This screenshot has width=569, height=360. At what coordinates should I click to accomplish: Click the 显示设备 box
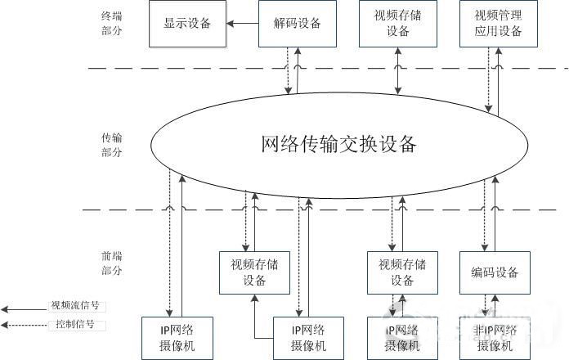tap(187, 24)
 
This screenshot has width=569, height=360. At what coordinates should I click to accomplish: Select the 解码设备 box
tap(297, 24)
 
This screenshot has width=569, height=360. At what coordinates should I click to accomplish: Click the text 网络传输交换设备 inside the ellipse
tap(338, 145)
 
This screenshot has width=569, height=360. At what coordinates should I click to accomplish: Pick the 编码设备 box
tap(495, 272)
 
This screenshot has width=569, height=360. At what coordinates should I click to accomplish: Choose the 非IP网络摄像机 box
tap(495, 338)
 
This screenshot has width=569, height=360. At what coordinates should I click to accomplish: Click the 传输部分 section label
tap(111, 143)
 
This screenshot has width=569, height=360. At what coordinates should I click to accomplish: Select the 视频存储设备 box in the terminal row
tap(398, 24)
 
